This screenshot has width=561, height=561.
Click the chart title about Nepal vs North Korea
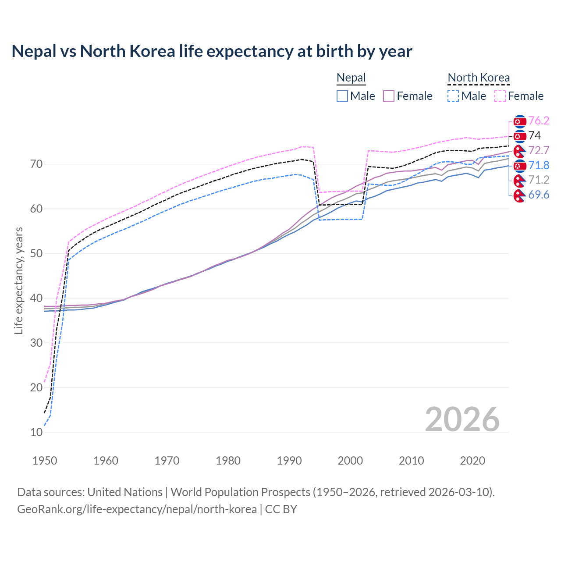pos(212,51)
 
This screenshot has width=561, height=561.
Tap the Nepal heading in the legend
pos(351,78)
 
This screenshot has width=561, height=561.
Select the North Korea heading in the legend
pos(479,78)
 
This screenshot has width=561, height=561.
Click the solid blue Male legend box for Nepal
pos(342,96)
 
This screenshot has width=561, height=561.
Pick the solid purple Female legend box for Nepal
pos(389,96)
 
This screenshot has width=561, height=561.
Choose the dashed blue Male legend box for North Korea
pos(453,96)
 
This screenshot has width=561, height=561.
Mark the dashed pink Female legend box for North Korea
pos(500,96)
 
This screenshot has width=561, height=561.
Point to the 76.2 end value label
pos(539,121)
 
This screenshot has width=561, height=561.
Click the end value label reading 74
pos(534,136)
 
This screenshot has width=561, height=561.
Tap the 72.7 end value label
pos(539,151)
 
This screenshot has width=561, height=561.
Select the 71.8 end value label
pos(539,165)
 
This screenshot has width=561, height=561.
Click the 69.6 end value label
pos(539,195)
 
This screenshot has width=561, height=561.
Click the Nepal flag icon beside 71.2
pos(519,180)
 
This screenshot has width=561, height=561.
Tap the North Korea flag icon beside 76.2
pos(519,121)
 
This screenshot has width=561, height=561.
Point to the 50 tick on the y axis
pos(36,253)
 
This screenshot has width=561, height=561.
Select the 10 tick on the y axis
pos(36,432)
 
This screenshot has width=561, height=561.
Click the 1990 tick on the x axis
pos(289,461)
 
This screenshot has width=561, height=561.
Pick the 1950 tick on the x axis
pos(45,461)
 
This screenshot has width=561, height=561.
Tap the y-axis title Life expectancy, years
pos(18,280)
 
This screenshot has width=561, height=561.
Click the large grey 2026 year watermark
pos(462,419)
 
